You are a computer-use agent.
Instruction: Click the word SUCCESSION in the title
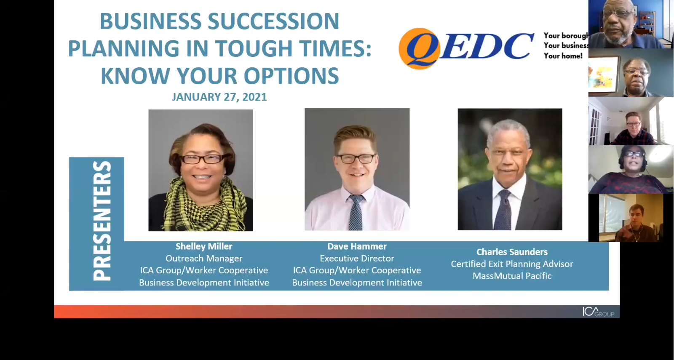[273, 21]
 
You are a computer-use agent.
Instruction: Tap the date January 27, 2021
[219, 97]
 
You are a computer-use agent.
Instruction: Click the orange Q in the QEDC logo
[420, 49]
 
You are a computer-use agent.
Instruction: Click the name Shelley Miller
[204, 246]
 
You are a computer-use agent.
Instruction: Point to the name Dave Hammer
[357, 246]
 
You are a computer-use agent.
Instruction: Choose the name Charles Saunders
[512, 252]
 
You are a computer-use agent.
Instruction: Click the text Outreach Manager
[204, 259]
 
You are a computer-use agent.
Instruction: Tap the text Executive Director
[357, 259]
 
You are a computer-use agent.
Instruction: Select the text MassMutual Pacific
[512, 276]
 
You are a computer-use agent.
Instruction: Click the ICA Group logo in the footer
[598, 312]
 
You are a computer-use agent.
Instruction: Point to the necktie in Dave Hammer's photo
[356, 212]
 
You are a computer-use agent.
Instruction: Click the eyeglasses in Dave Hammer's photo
[356, 158]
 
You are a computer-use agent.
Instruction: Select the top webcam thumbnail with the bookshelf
[631, 24]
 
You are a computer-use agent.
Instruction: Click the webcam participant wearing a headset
[631, 169]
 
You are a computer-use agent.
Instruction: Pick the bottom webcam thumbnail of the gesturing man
[631, 218]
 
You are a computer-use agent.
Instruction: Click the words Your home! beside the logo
[563, 56]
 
